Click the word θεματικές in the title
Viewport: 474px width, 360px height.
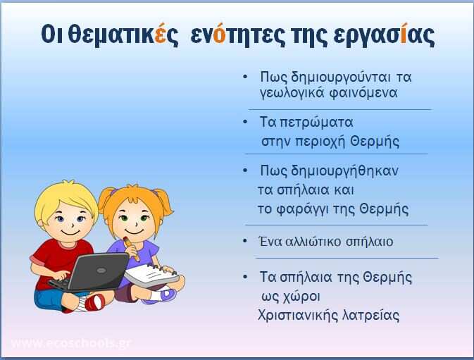[x=123, y=35]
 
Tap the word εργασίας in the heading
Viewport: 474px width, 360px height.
[x=384, y=35]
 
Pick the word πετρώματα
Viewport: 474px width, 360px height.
[x=316, y=123]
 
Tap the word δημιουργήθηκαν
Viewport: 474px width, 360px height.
[x=344, y=171]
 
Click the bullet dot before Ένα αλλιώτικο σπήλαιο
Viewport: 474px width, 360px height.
[x=245, y=241]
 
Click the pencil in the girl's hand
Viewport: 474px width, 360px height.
[x=131, y=249]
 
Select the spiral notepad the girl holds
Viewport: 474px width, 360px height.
[x=151, y=275]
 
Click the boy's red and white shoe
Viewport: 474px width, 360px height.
[x=94, y=302]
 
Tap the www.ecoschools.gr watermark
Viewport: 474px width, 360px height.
[x=71, y=343]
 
